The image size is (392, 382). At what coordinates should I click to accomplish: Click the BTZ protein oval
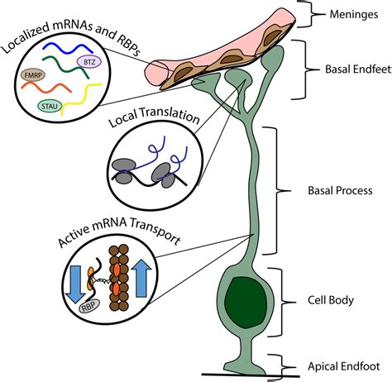pyautogui.click(x=89, y=62)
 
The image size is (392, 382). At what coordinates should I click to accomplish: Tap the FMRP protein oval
pyautogui.click(x=33, y=75)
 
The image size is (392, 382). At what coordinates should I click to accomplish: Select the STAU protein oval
pyautogui.click(x=50, y=106)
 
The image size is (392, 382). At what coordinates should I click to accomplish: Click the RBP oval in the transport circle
pyautogui.click(x=88, y=307)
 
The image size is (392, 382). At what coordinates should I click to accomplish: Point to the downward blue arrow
pyautogui.click(x=76, y=284)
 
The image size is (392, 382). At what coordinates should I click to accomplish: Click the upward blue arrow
pyautogui.click(x=141, y=278)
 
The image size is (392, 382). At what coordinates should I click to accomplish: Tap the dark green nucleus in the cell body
pyautogui.click(x=246, y=303)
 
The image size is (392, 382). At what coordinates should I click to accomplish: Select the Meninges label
pyautogui.click(x=354, y=14)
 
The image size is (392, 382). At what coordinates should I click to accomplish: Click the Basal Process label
pyautogui.click(x=340, y=190)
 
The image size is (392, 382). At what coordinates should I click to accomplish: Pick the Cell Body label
pyautogui.click(x=331, y=300)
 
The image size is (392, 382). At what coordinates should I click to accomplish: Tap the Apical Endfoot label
pyautogui.click(x=344, y=366)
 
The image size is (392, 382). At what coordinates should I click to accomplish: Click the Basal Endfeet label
pyautogui.click(x=358, y=69)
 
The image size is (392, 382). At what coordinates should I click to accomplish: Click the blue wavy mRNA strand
pyautogui.click(x=68, y=49)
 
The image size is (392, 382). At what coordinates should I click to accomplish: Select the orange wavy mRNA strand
pyautogui.click(x=46, y=88)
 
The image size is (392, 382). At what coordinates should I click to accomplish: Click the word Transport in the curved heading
pyautogui.click(x=155, y=231)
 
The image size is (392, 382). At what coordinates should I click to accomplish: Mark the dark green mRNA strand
pyautogui.click(x=66, y=66)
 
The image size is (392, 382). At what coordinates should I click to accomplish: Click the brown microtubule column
pyautogui.click(x=119, y=278)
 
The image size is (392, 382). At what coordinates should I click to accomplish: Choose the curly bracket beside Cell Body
pyautogui.click(x=284, y=302)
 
